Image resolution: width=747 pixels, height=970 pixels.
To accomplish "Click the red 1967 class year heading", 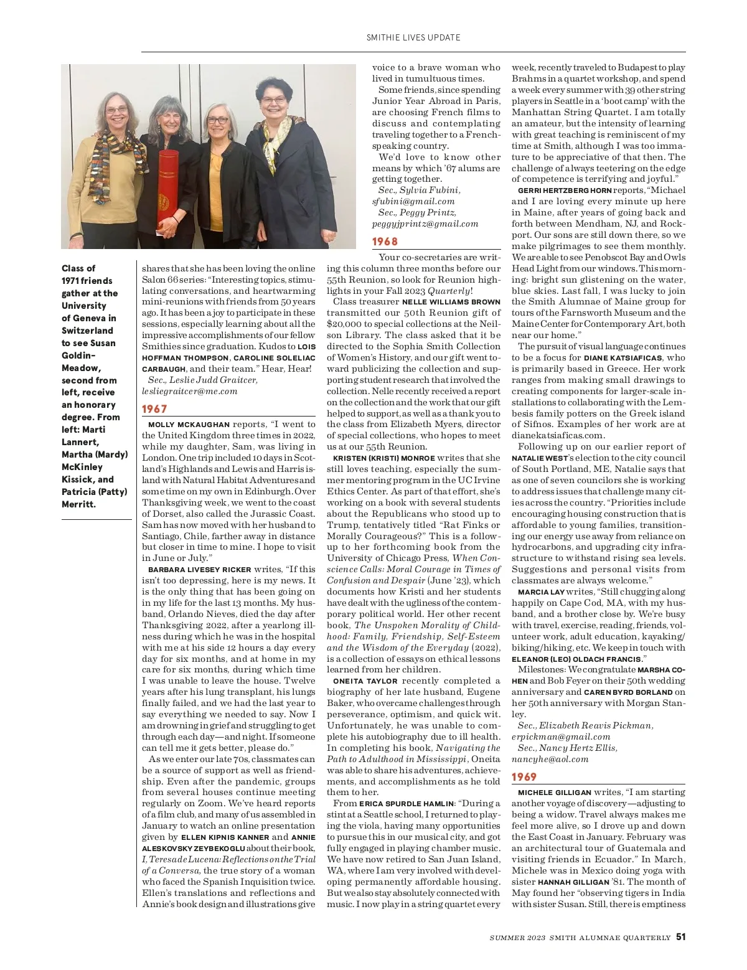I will (154, 409).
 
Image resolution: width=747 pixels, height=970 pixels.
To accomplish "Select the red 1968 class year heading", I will (385, 242).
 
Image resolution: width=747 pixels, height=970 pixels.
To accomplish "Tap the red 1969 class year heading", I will (524, 777).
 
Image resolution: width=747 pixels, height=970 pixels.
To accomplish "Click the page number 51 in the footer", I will (681, 937).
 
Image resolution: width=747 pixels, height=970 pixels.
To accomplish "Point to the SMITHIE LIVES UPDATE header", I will (413, 37).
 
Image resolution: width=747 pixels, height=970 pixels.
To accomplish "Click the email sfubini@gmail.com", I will (413, 201).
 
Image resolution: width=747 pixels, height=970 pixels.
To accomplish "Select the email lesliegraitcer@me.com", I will (190, 391).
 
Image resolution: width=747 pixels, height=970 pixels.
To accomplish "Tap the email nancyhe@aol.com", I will (550, 759).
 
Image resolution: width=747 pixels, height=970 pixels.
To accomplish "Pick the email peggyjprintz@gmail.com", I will (425, 224).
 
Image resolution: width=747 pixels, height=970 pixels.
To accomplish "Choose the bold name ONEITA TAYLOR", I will (365, 681).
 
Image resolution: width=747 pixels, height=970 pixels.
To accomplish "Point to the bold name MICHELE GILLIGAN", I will (555, 793).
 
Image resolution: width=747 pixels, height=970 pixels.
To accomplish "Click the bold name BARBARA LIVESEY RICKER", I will (199, 570).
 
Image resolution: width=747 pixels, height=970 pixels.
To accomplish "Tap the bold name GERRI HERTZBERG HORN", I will (564, 191).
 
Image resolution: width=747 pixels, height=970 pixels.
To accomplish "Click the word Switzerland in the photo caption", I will (87, 331).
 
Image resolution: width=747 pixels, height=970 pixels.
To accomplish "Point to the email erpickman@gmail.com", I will (552, 737).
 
